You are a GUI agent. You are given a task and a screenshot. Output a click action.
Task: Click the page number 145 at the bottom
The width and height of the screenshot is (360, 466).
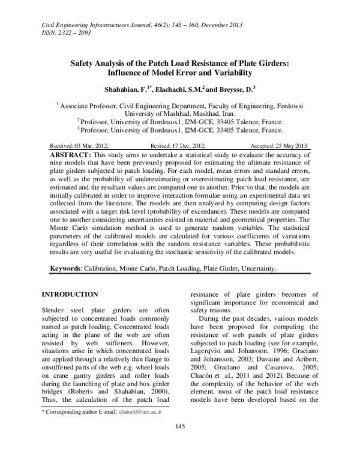pos(179,443)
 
